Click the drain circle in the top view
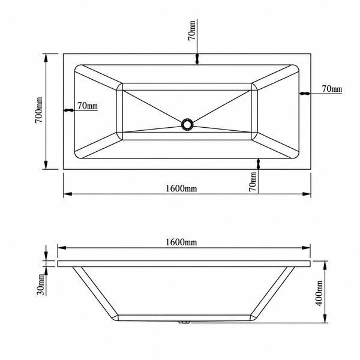tap(187, 125)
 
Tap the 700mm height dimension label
tap(39, 110)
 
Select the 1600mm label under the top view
tap(181, 188)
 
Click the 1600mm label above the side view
tap(181, 242)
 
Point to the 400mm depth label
tap(319, 293)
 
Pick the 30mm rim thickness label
tap(40, 284)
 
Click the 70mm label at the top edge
tap(192, 31)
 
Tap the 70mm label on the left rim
tap(88, 106)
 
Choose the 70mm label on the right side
tap(332, 89)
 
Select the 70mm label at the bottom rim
tap(253, 182)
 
